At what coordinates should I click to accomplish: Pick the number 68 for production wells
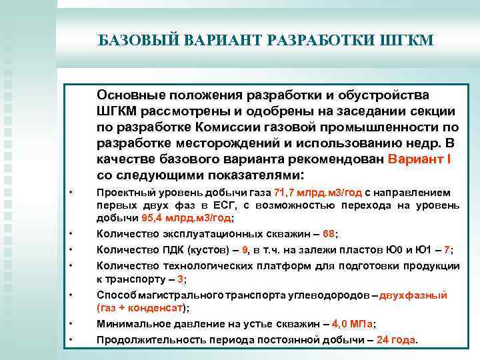pos(329,234)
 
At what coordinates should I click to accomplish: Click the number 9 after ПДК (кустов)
pos(246,250)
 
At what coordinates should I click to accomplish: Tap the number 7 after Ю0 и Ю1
pos(447,250)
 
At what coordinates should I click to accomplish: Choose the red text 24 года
pos(396,339)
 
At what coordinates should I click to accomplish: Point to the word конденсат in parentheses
pos(157,308)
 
